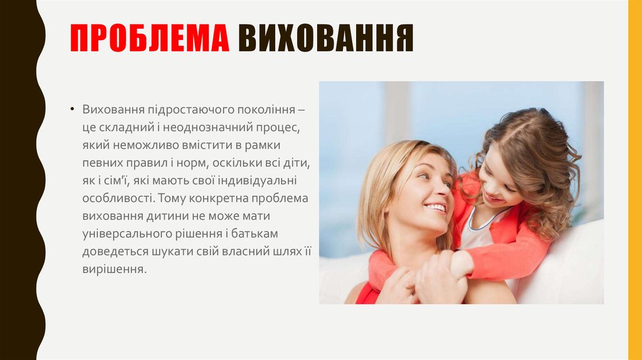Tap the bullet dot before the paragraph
[74, 110]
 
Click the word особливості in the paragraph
[117, 199]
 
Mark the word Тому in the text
[173, 199]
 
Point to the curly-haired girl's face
[498, 182]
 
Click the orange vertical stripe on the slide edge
[634, 180]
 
